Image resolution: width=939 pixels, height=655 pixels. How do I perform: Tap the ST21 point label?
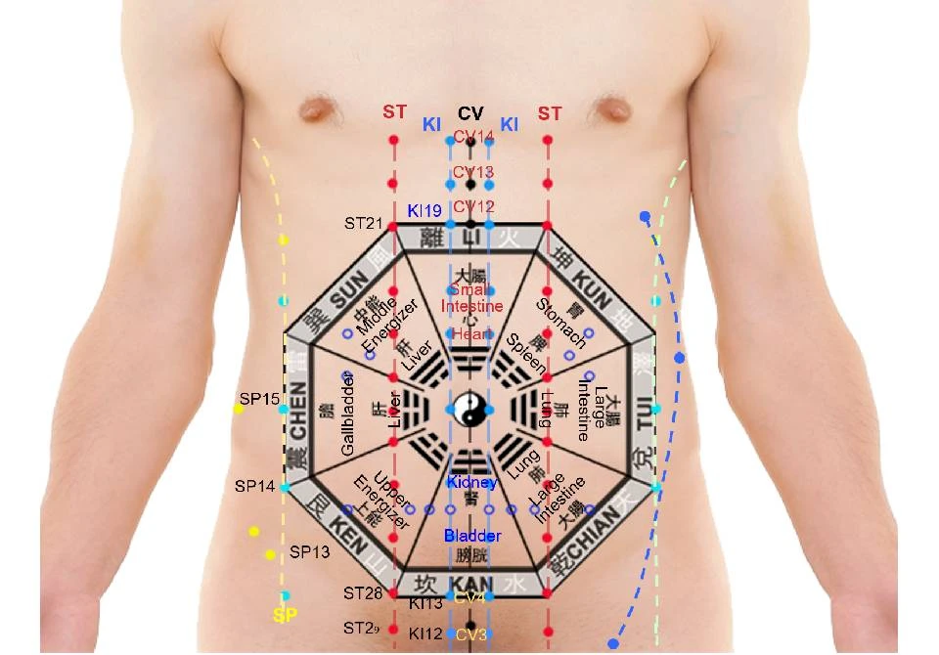point(363,223)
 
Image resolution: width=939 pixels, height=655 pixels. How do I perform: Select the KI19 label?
point(425,210)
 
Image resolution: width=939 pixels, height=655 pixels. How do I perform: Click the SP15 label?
point(259,399)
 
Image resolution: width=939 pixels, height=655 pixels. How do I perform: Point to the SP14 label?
point(254,485)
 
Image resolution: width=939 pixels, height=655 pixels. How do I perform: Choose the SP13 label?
point(310,551)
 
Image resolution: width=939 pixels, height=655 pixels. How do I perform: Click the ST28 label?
point(363,592)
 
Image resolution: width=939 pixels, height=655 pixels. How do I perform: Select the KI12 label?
point(426,633)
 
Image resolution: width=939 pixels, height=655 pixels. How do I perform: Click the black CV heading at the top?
point(470,114)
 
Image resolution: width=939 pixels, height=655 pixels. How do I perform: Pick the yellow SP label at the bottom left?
point(285,616)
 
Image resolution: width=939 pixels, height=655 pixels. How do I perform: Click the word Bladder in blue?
point(472,536)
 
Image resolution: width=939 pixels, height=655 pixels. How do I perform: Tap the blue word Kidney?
point(472,482)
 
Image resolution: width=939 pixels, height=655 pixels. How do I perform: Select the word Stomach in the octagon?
point(561,324)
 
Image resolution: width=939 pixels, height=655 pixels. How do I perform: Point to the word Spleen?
point(526,356)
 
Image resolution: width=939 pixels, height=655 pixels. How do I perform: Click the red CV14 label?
point(473,136)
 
